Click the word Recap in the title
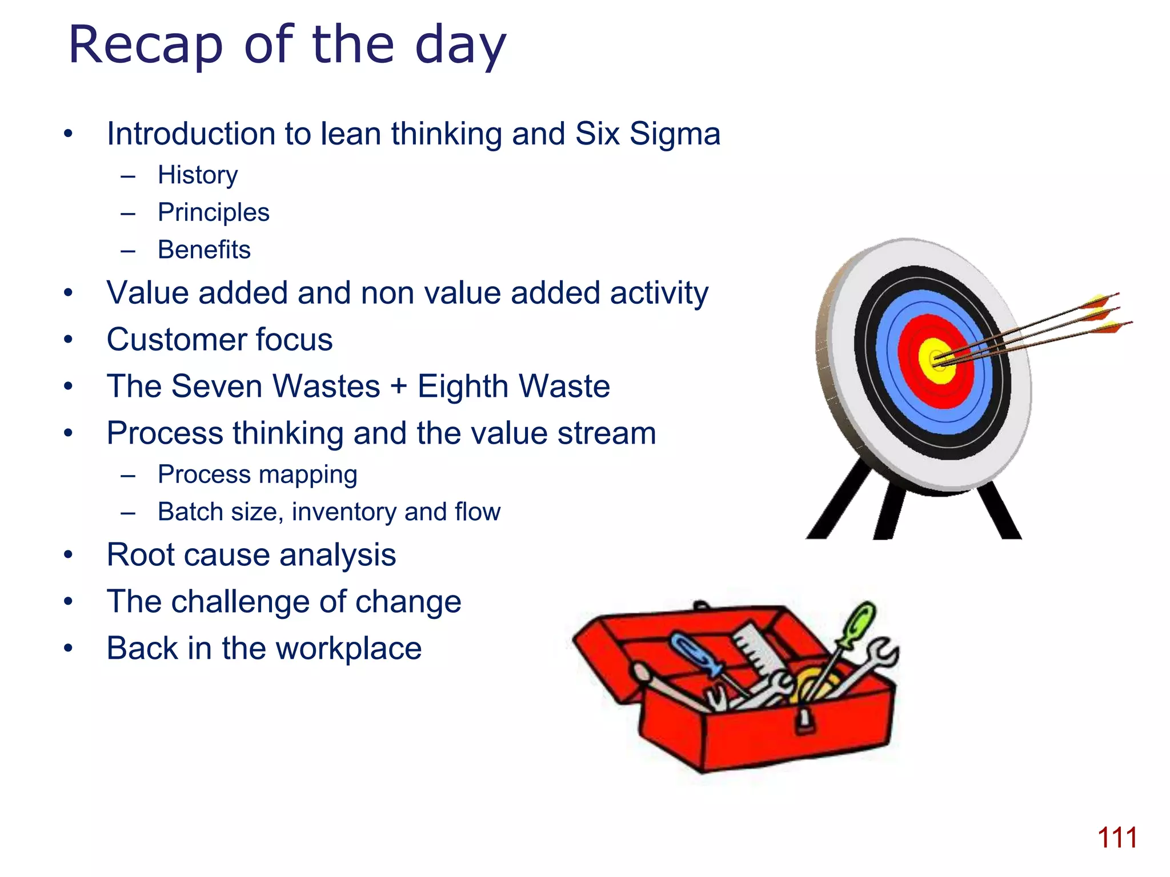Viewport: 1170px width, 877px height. coord(145,46)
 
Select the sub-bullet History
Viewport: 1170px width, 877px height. coord(198,175)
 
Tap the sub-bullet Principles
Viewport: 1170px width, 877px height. coord(213,212)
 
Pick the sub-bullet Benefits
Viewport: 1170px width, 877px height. coord(204,250)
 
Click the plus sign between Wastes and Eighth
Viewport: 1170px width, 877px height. coord(399,387)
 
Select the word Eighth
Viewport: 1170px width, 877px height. coord(462,387)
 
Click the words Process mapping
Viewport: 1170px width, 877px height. coord(257,474)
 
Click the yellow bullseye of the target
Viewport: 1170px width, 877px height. coord(936,361)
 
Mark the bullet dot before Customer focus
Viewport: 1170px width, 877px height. coord(69,340)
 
